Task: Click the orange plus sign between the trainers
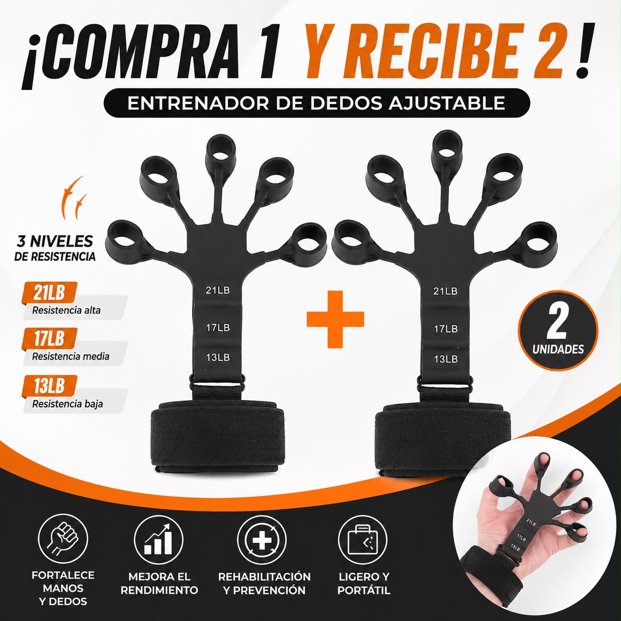pyautogui.click(x=335, y=319)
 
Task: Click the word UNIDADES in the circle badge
pyautogui.click(x=558, y=349)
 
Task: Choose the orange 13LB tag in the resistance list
pyautogui.click(x=50, y=386)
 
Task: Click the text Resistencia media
pyautogui.click(x=71, y=357)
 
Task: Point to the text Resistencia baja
pyautogui.click(x=67, y=404)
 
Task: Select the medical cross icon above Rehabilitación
pyautogui.click(x=261, y=539)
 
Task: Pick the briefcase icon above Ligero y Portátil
pyautogui.click(x=363, y=539)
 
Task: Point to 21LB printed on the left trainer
pyautogui.click(x=218, y=290)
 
